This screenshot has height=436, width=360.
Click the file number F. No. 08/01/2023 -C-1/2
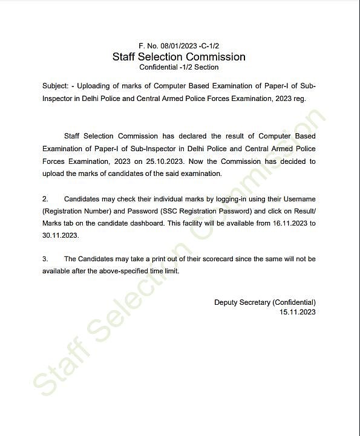click(x=179, y=46)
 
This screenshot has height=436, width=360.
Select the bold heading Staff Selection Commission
click(x=179, y=57)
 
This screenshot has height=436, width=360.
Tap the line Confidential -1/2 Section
click(x=179, y=67)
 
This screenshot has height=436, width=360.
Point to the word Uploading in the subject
click(x=98, y=86)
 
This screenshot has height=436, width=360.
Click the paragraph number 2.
click(x=45, y=199)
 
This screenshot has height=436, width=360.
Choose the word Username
click(x=296, y=199)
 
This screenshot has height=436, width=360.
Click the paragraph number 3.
click(x=45, y=259)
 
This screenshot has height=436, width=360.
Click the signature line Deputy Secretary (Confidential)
click(x=265, y=302)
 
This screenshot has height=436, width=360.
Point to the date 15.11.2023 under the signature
click(x=297, y=312)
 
